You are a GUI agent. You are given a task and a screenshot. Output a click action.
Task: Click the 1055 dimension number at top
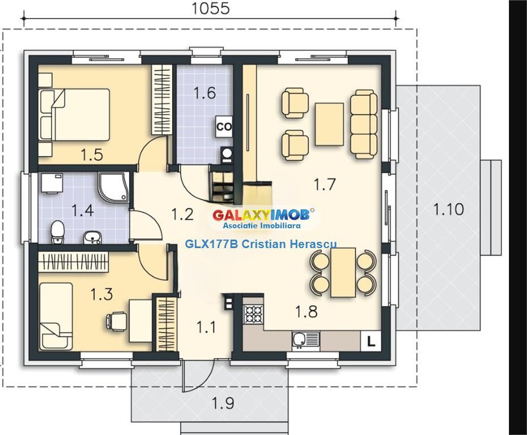(211, 8)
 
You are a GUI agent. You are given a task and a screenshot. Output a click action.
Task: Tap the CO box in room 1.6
(224, 127)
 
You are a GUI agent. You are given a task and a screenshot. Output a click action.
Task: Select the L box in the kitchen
(371, 341)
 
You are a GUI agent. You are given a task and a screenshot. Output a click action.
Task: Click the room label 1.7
(325, 184)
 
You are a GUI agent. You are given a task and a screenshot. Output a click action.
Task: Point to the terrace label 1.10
(448, 210)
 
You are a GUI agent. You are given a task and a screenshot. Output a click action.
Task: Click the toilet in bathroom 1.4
(57, 233)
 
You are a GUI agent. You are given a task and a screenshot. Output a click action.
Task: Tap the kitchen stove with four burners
(253, 314)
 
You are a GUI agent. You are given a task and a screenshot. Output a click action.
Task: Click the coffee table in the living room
(329, 123)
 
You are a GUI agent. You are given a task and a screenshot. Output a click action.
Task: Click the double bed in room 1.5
(74, 114)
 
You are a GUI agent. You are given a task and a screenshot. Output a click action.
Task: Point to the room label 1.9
(223, 403)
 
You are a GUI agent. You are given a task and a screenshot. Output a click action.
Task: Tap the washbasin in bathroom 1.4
(92, 236)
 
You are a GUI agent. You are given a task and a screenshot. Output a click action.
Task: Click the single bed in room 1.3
(56, 315)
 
